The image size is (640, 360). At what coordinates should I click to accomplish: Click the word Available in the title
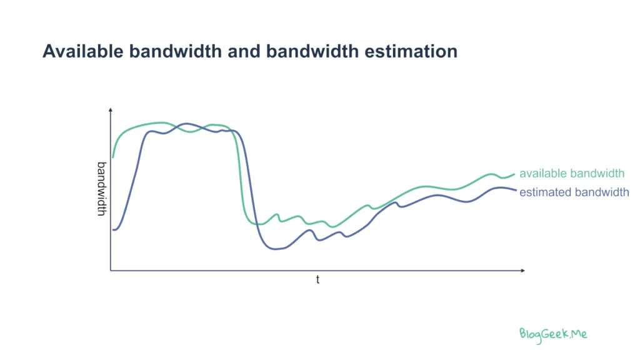83,51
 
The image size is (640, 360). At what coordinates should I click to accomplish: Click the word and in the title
244,51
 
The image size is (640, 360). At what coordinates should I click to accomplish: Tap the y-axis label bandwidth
102,189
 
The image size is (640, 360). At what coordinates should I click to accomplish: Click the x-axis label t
317,279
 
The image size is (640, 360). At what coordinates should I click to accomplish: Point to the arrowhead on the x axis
523,270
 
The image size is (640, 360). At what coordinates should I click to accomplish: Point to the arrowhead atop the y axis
110,110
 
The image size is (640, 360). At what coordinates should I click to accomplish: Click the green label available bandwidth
572,174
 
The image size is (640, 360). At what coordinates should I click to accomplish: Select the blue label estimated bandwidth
574,192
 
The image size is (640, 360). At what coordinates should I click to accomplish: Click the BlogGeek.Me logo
553,335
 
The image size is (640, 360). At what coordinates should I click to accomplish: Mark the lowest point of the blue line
276,249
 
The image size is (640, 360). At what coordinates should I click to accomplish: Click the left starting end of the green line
113,157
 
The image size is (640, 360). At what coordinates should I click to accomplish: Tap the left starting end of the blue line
114,230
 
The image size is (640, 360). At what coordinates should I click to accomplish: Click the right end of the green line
514,174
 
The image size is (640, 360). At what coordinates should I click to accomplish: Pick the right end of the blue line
516,191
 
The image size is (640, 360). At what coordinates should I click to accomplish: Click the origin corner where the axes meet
111,270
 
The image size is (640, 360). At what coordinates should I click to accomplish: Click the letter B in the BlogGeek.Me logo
523,334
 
